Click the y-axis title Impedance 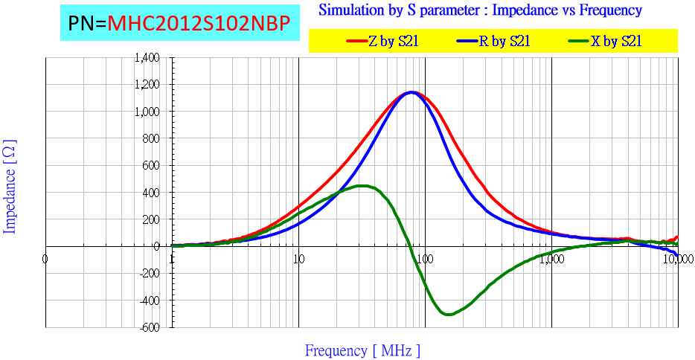(x=10, y=186)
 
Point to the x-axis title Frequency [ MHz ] (x=362, y=350)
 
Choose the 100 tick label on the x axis (x=425, y=260)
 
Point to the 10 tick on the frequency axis (x=298, y=260)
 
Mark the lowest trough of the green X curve (x=448, y=315)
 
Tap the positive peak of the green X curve (x=363, y=186)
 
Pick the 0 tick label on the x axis (x=45, y=260)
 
